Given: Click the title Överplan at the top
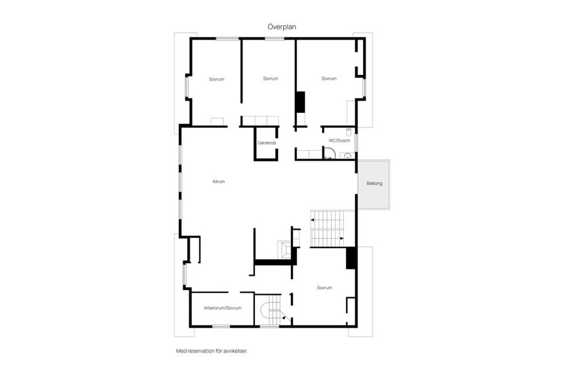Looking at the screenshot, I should pyautogui.click(x=282, y=26).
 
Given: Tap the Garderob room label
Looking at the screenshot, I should pyautogui.click(x=267, y=143).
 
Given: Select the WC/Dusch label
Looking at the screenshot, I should pyautogui.click(x=340, y=140).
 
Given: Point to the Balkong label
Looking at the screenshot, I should pyautogui.click(x=374, y=184).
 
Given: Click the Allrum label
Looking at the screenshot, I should pyautogui.click(x=218, y=182).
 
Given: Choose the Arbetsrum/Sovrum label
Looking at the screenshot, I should pyautogui.click(x=222, y=308).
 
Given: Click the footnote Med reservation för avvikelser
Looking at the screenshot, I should pyautogui.click(x=212, y=351).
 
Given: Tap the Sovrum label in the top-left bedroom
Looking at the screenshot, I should pyautogui.click(x=216, y=79).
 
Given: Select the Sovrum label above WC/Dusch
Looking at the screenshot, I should pyautogui.click(x=328, y=79).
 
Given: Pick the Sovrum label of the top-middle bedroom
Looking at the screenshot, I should pyautogui.click(x=270, y=79).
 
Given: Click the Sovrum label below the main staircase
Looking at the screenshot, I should pyautogui.click(x=324, y=288).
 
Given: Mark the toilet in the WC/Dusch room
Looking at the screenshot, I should pyautogui.click(x=349, y=130).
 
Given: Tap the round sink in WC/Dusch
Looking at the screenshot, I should pyautogui.click(x=347, y=156).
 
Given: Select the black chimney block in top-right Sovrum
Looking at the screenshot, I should pyautogui.click(x=300, y=102).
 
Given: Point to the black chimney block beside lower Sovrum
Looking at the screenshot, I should pyautogui.click(x=350, y=258).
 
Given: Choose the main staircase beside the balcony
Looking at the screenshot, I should pyautogui.click(x=327, y=229).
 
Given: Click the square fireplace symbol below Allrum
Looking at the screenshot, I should pyautogui.click(x=285, y=250).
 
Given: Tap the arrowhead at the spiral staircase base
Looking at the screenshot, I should pyautogui.click(x=285, y=318).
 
